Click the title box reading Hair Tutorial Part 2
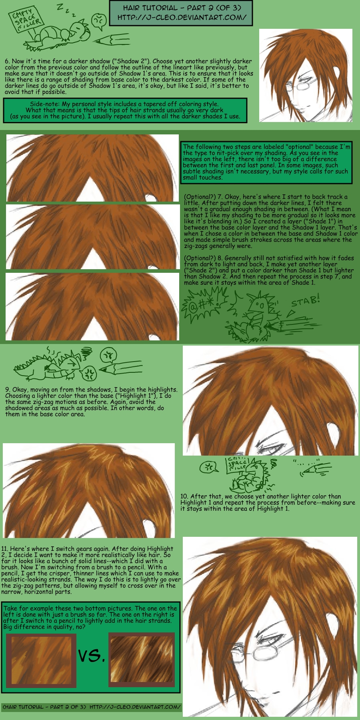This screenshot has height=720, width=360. point(181,13)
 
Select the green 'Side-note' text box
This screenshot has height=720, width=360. point(125,110)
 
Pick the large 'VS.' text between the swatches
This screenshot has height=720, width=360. point(92,656)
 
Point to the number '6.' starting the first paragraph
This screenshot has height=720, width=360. point(8,61)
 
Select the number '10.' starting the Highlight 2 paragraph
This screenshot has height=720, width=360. point(184,496)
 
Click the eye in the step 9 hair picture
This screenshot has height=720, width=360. point(270,448)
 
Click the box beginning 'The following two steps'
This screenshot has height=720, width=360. point(267,162)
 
